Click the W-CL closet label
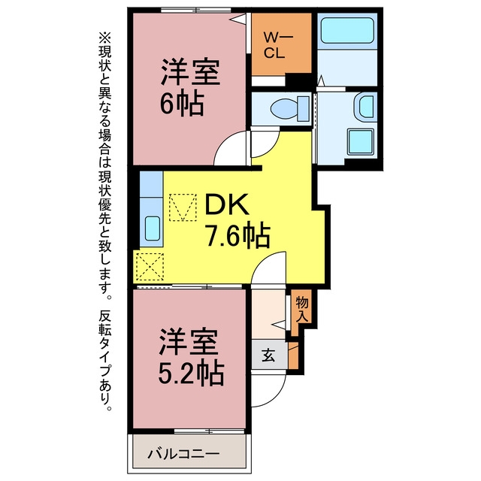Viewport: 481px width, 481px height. tap(278, 46)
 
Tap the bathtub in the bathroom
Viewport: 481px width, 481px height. tap(347, 30)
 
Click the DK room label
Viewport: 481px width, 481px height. tap(226, 205)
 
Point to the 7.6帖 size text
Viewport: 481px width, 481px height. tap(238, 235)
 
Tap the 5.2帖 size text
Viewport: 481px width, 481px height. tap(191, 374)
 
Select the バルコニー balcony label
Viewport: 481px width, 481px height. tap(183, 454)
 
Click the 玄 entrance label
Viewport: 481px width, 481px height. tap(268, 355)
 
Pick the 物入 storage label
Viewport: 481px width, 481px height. tap(302, 310)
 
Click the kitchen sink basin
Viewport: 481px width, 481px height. tap(153, 228)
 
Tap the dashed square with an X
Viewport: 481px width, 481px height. tap(150, 266)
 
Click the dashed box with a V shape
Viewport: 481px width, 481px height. tap(183, 207)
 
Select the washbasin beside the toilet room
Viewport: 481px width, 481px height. tap(365, 107)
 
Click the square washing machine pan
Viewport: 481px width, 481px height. tap(361, 141)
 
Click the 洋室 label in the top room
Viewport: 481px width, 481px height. tap(190, 72)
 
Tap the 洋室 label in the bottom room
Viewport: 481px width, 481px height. tap(189, 342)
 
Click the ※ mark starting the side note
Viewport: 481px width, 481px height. tap(105, 38)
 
